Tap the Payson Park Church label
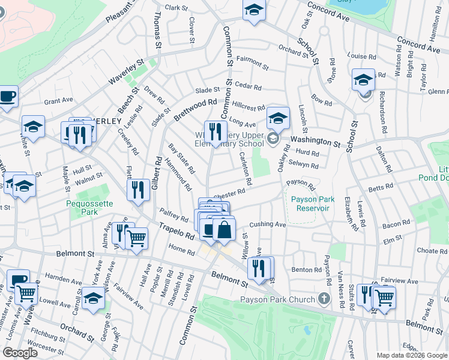pos(277,299)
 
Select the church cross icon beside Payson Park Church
pos(324,298)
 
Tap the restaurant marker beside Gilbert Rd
pos(139,190)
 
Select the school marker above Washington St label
pos(278,118)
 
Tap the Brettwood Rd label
pos(195,110)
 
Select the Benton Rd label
pos(307,270)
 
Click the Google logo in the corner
pos(21,353)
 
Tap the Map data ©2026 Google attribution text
pos(411,355)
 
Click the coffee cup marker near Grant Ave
pos(7,96)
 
